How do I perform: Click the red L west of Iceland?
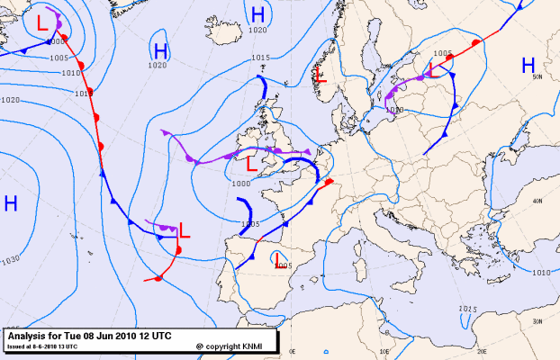[x=42, y=22]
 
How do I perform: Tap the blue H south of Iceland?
[x=160, y=50]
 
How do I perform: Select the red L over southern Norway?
[x=320, y=75]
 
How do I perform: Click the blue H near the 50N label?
[x=528, y=65]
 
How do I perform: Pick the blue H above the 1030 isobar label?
[x=11, y=203]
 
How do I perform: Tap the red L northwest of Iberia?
[x=185, y=230]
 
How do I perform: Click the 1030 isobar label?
[x=11, y=260]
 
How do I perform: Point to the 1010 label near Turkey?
[x=541, y=272]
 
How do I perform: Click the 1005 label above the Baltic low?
[x=442, y=54]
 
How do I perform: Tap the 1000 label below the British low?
[x=240, y=183]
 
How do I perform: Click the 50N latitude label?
[x=537, y=77]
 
